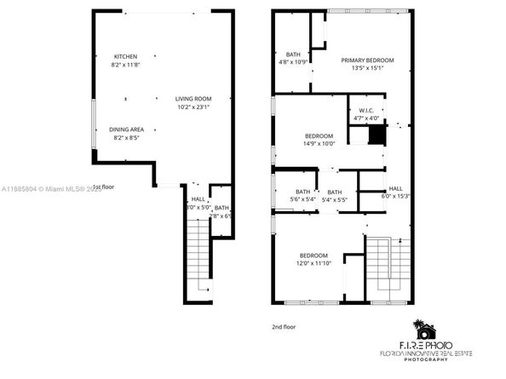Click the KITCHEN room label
coord(125,56)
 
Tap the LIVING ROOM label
coord(193,99)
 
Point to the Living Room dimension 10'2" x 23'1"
coord(193,107)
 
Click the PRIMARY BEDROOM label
coord(367,60)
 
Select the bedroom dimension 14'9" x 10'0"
coord(320,143)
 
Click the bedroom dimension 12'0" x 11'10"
coord(313,264)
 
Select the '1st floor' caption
coord(103,187)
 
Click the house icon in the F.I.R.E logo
coord(423,329)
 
